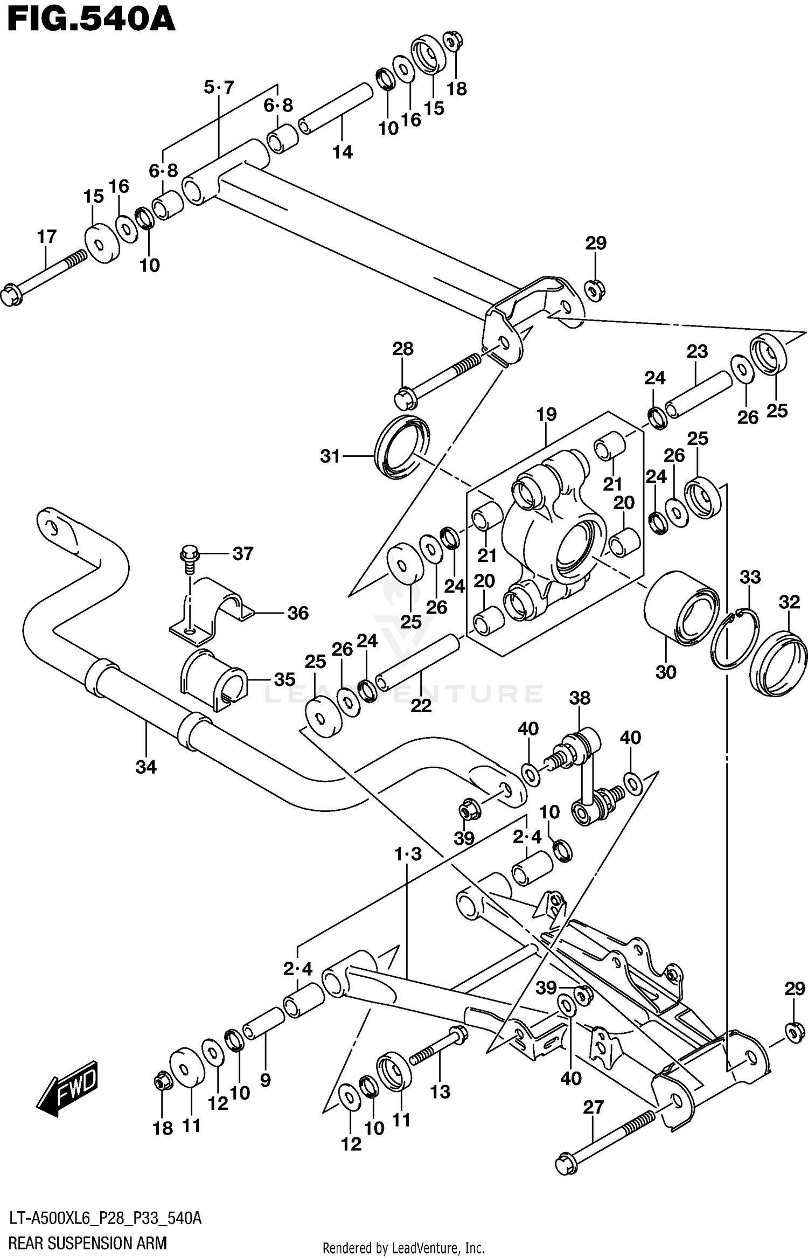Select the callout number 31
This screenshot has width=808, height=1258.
click(x=330, y=456)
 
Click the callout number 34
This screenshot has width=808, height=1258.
click(x=146, y=767)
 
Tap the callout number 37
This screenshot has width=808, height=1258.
click(x=243, y=553)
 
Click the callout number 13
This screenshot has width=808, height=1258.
click(x=440, y=1092)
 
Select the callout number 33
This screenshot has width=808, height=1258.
click(x=750, y=577)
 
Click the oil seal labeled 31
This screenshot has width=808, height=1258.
click(x=402, y=447)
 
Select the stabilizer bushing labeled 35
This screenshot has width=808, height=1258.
click(x=213, y=680)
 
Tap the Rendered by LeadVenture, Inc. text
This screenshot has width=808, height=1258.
click(x=403, y=1248)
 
